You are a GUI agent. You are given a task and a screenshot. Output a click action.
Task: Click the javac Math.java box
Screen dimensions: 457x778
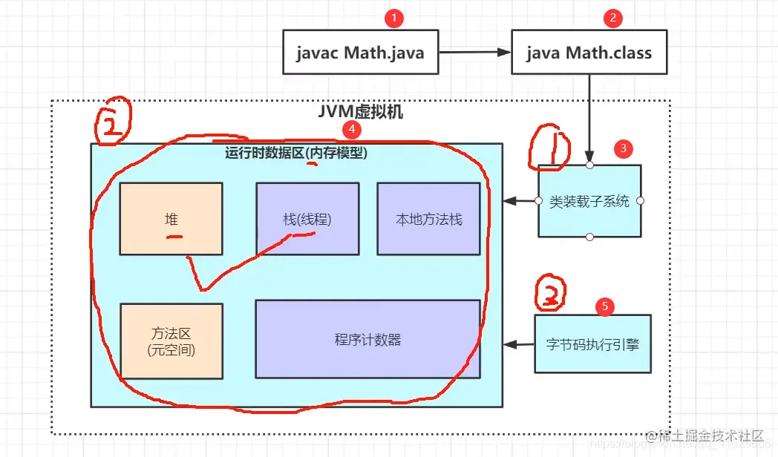[x=360, y=52]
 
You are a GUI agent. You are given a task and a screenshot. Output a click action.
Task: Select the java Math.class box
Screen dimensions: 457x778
[x=589, y=52]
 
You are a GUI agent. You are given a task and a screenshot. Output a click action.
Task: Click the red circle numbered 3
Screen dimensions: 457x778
[x=624, y=148]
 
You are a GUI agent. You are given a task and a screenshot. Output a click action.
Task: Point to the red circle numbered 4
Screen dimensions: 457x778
[x=350, y=129]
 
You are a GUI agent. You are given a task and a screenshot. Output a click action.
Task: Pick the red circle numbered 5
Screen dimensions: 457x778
[x=605, y=305]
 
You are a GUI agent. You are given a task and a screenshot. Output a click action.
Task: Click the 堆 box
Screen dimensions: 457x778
[x=171, y=220]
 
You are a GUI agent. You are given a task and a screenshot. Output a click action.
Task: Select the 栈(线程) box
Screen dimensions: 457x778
[x=307, y=220]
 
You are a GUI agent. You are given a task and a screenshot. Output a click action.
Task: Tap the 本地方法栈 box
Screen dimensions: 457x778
[x=429, y=220]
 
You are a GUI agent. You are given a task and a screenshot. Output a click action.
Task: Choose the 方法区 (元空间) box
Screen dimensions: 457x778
[x=171, y=341]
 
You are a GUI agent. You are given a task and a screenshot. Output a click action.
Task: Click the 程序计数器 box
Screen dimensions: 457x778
[x=367, y=339]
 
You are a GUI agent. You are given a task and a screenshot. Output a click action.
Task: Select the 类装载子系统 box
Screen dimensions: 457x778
[x=589, y=201]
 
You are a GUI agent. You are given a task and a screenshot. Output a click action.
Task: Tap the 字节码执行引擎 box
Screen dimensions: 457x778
[x=592, y=343]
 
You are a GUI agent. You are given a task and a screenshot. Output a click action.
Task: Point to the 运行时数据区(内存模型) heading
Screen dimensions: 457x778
[x=296, y=154]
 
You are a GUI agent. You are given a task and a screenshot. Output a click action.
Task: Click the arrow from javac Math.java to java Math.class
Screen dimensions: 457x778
[x=474, y=53]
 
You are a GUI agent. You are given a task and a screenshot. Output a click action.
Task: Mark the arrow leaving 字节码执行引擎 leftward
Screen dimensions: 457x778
[x=519, y=344]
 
